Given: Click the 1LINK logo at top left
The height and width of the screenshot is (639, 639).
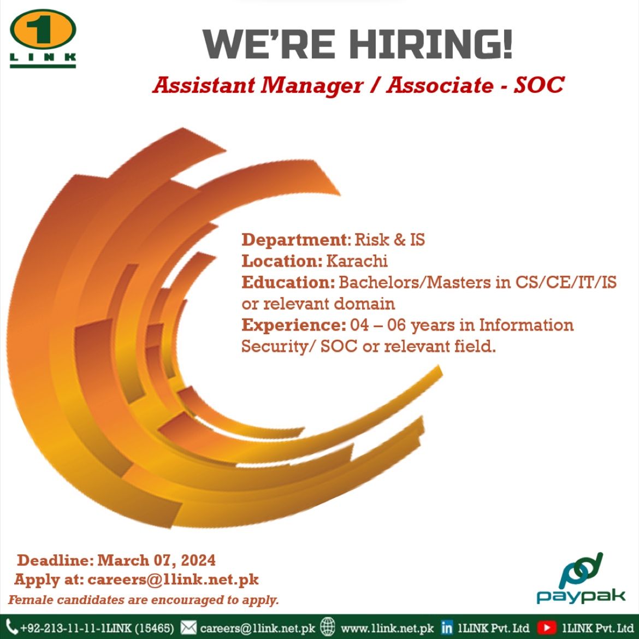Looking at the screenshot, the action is click(43, 38).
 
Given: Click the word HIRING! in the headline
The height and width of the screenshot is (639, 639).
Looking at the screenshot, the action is click(431, 44).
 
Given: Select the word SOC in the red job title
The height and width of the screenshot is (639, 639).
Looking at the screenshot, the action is click(539, 85).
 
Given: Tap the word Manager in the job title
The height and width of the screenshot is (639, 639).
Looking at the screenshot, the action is click(312, 86).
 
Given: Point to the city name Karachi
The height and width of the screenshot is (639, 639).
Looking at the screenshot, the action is click(357, 261).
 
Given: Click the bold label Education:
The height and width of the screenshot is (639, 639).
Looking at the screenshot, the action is click(288, 282).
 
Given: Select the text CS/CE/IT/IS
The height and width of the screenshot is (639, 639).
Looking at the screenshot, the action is click(566, 282).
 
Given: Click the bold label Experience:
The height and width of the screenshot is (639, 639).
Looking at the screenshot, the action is click(293, 325).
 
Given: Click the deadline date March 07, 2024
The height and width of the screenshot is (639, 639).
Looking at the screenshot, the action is click(157, 560).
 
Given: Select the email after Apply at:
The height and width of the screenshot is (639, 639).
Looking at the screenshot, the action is click(173, 579).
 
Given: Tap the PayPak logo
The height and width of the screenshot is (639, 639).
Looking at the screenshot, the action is click(581, 578).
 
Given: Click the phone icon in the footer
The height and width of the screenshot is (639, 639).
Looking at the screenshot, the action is click(12, 627).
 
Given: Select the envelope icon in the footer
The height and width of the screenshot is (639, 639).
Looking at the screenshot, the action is click(188, 628).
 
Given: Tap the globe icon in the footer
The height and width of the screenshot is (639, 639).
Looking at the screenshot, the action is click(327, 627).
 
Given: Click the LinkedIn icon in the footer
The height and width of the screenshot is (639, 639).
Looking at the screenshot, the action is click(447, 628).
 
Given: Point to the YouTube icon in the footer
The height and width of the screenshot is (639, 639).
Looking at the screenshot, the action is click(547, 628).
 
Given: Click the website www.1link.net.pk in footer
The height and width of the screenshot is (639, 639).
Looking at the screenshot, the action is click(387, 628).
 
